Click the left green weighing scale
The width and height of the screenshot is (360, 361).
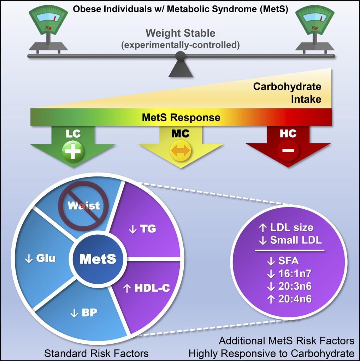48,30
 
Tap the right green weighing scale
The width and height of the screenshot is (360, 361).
315,30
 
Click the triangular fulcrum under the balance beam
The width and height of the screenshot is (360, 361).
181,69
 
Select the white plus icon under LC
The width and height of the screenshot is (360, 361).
72,151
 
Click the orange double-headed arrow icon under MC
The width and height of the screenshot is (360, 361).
181,151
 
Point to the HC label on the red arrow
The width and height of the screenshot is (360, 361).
288,133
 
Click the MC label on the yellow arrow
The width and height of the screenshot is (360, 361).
181,133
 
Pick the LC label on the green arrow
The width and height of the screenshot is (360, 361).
73,133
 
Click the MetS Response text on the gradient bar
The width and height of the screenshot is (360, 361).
181,118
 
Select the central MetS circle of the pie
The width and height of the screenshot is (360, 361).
98,259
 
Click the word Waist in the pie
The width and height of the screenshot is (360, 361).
84,206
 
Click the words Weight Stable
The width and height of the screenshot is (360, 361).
181,33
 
